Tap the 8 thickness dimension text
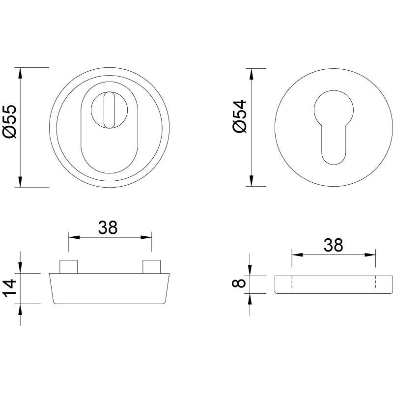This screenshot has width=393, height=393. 240,284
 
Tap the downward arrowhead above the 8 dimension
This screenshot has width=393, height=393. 251,270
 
